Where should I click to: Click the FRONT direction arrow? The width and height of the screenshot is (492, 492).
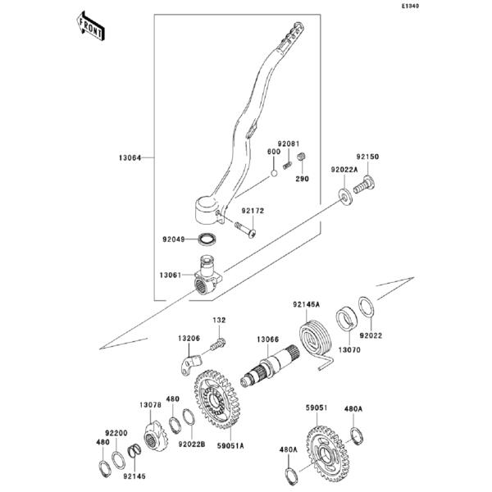click(x=91, y=26)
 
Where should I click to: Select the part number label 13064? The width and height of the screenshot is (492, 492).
click(x=130, y=157)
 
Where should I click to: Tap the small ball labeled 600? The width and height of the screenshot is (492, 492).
click(x=274, y=173)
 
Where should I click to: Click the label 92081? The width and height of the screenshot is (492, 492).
click(x=289, y=143)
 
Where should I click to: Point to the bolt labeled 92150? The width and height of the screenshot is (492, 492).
click(x=364, y=184)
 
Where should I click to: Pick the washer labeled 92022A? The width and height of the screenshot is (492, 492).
click(x=345, y=196)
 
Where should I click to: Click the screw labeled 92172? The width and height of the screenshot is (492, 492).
click(x=245, y=229)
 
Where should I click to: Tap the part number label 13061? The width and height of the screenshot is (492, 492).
click(x=171, y=275)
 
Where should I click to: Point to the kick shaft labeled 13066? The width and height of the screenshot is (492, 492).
click(x=270, y=366)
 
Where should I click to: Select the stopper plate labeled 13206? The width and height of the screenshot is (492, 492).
click(x=191, y=363)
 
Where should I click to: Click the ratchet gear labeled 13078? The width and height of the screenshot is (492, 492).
click(x=156, y=437)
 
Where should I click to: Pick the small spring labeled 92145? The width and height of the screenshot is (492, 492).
click(x=135, y=452)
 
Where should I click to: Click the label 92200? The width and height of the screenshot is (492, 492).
click(x=116, y=433)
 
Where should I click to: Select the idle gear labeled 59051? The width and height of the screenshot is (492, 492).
click(x=328, y=453)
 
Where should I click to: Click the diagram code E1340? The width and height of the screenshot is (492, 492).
click(x=411, y=6)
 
